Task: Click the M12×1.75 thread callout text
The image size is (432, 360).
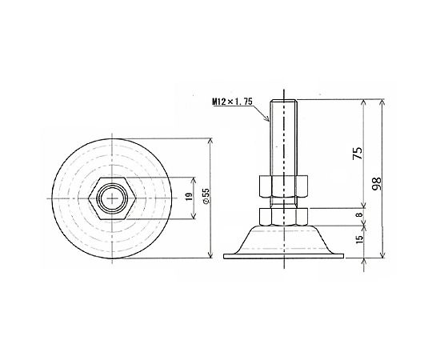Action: coord(232,102)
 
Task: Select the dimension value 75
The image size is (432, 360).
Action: coord(358,153)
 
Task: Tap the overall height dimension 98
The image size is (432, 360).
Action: coord(376,184)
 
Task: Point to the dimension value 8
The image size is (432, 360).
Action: coord(358,214)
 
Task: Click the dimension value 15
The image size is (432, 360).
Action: coord(359,239)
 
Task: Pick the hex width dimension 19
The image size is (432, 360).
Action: coord(189,197)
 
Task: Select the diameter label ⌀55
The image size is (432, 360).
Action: coord(206,196)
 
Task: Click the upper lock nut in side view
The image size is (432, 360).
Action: coord(283,187)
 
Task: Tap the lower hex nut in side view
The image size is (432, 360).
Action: coord(283,217)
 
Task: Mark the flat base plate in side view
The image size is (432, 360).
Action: coord(283,256)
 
